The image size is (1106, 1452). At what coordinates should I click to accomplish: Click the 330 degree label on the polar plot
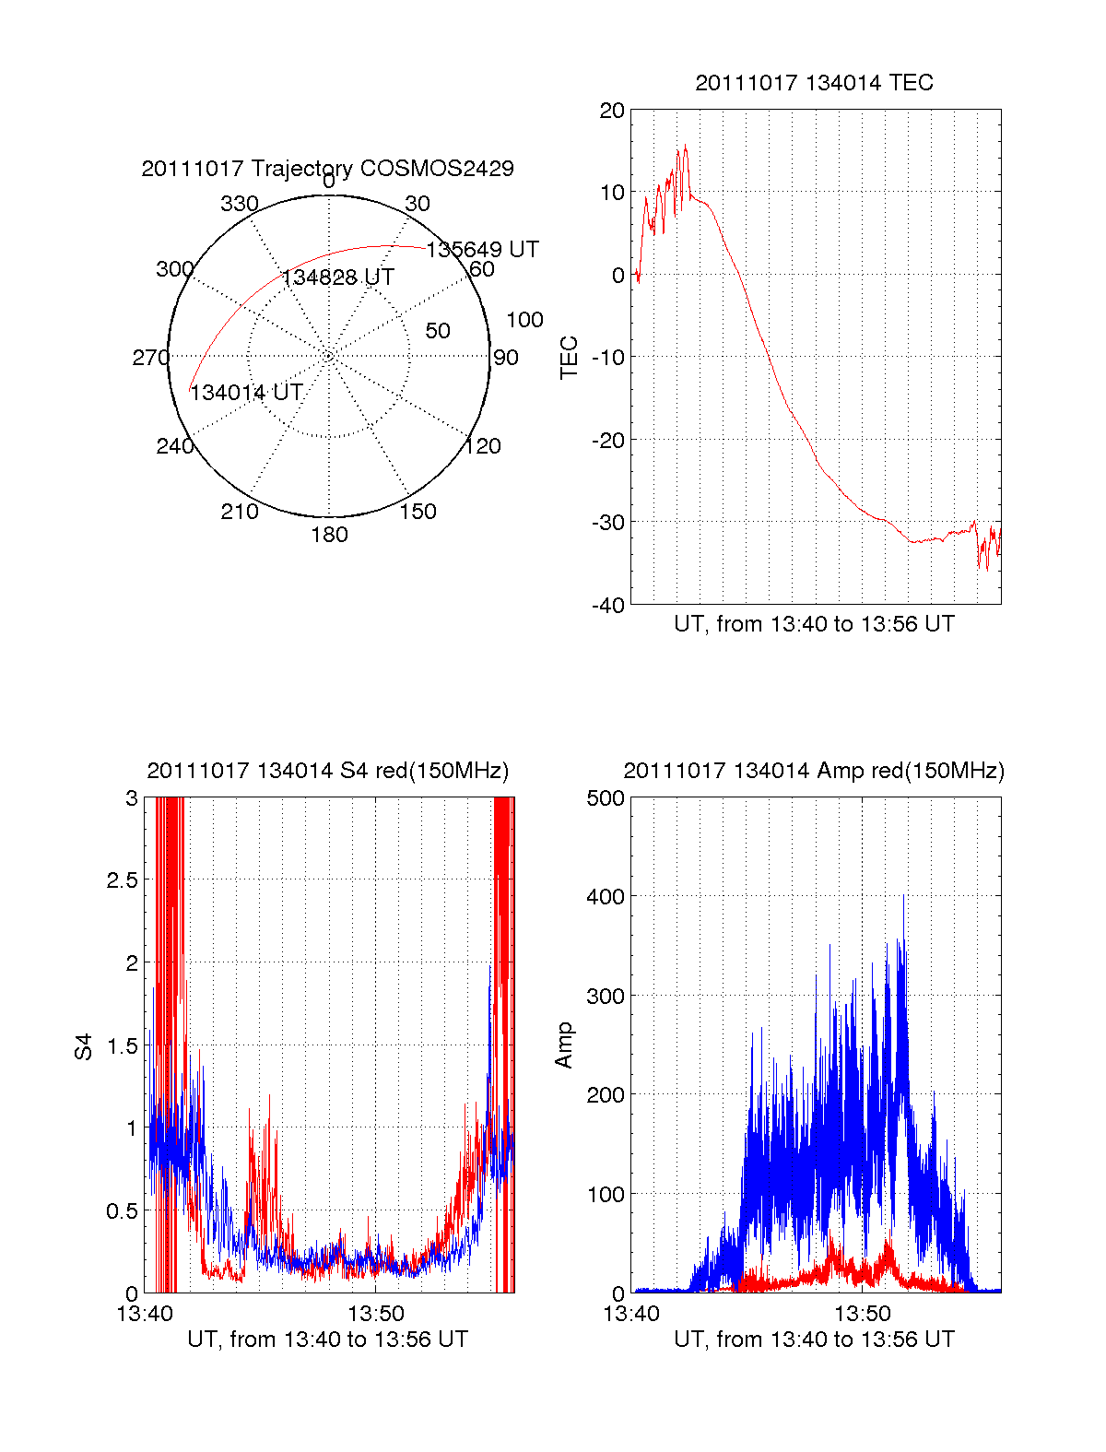coord(239,204)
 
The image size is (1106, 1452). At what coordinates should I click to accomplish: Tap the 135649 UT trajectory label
coord(482,250)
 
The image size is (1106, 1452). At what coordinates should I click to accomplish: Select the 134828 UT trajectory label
coord(337,277)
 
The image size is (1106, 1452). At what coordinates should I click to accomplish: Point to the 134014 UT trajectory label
coord(246,393)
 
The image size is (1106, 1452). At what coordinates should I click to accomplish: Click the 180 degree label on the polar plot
coord(329,535)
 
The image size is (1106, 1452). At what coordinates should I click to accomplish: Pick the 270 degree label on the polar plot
coord(150,358)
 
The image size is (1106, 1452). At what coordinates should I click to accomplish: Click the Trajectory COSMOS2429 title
coord(327,169)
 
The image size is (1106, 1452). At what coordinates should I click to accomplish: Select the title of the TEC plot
coord(814,83)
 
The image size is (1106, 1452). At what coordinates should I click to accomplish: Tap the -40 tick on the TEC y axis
coord(608,605)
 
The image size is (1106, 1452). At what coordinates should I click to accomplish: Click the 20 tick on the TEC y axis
coord(613,111)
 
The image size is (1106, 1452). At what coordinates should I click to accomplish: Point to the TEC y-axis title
coord(570,358)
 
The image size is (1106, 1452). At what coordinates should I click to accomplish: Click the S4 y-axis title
coord(84,1046)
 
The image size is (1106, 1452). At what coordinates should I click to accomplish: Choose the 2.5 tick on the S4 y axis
coord(123,880)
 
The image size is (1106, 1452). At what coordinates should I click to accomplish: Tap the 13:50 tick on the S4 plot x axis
coord(375,1313)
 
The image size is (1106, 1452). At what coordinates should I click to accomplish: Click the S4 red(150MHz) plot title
coord(327,771)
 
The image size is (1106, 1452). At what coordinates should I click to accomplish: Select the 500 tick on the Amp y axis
coord(606,798)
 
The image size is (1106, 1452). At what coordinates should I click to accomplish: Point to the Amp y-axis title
coord(564,1045)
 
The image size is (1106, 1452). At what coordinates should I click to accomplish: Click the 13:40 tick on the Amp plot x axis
coord(631,1313)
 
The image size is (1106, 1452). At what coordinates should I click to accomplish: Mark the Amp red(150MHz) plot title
coord(814,771)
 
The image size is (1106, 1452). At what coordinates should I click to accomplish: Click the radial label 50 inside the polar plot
coord(438,331)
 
